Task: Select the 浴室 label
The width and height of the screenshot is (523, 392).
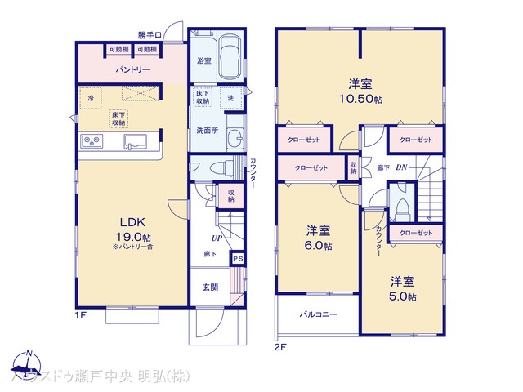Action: click(204, 60)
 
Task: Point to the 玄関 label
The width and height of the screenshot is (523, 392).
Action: click(210, 287)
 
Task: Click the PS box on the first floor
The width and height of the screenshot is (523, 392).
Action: click(237, 259)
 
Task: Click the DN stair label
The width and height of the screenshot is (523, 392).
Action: click(402, 167)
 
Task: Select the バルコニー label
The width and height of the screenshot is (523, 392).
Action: click(318, 314)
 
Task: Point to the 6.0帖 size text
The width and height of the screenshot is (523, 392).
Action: click(319, 246)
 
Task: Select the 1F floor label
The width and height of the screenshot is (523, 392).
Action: click(81, 313)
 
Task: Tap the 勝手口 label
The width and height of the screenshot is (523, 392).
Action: click(150, 35)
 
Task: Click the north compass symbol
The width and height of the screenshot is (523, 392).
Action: click(28, 365)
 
